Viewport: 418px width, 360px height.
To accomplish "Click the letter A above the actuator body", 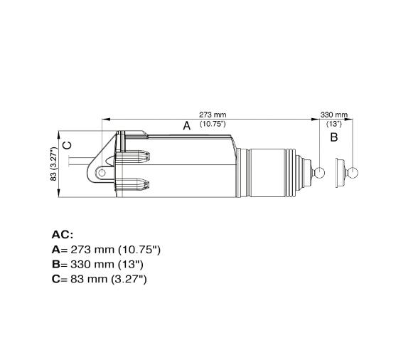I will [187, 126].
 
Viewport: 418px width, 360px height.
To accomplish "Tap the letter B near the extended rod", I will [334, 137].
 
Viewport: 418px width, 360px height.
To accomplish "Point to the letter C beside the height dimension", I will [68, 145].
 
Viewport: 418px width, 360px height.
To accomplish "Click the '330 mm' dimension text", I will [334, 114].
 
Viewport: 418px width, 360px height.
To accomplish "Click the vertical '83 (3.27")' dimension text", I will [53, 164].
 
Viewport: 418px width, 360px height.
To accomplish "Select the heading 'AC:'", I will [63, 234].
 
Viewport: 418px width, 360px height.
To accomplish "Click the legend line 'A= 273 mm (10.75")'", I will [107, 250].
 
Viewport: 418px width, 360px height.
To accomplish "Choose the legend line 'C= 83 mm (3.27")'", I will [100, 280].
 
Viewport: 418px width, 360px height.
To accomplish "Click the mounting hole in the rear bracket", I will [102, 172].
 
